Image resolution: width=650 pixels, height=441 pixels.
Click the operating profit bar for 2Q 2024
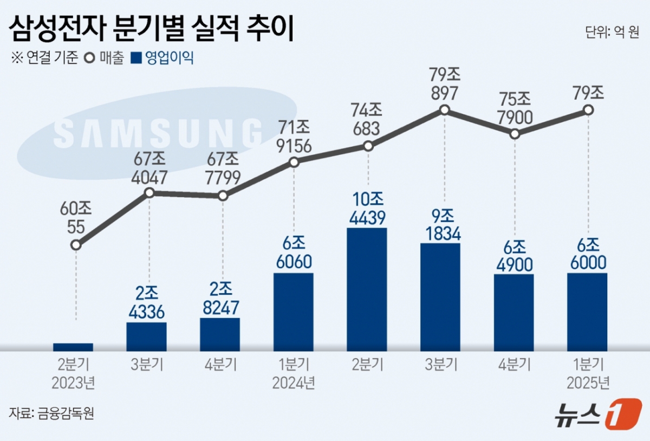[367, 289]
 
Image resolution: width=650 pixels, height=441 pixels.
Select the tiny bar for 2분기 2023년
[73, 347]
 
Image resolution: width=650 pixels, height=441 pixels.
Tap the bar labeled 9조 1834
[440, 297]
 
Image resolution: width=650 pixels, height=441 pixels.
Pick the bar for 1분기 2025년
[587, 312]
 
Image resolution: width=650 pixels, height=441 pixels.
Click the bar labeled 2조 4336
[146, 336]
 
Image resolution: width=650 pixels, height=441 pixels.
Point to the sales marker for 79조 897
[444, 110]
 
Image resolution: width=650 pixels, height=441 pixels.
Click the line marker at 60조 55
[76, 245]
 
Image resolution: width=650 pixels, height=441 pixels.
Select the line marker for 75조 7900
[515, 134]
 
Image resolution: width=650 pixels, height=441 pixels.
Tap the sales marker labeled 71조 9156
[294, 162]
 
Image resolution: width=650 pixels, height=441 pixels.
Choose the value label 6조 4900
[514, 256]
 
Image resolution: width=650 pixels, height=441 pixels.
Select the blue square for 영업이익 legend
[135, 57]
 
